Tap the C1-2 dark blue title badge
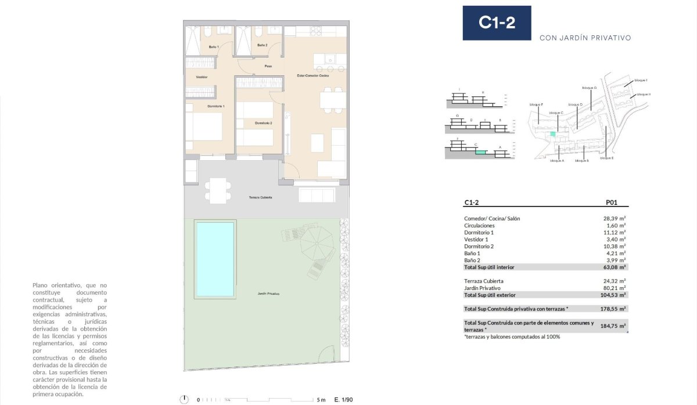click(497, 23)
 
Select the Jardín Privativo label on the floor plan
click(268, 294)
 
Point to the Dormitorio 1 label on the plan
click(215, 106)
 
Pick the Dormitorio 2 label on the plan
click(263, 123)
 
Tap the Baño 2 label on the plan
click(263, 45)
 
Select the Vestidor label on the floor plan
click(202, 77)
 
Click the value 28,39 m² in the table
click(615, 219)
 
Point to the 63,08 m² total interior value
click(615, 267)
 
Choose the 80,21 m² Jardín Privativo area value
click(615, 288)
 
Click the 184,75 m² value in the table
click(615, 326)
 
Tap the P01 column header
click(611, 203)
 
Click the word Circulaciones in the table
click(479, 226)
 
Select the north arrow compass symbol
click(185, 399)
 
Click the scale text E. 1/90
click(344, 400)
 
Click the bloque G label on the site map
click(589, 88)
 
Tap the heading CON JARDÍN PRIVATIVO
click(585, 38)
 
